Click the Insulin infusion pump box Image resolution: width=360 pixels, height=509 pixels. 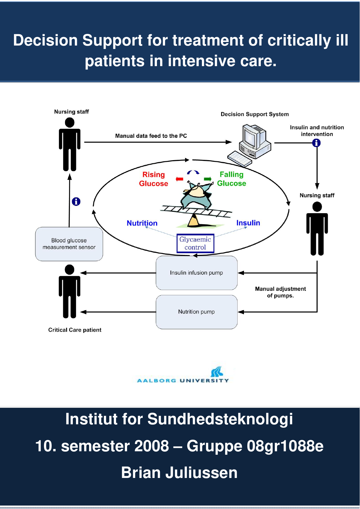[196, 273]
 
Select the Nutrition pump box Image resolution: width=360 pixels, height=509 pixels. [196, 312]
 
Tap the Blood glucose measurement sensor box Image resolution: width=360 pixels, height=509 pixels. [69, 244]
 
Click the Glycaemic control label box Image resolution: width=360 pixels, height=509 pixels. [195, 243]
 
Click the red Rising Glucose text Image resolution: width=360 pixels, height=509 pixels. [153, 179]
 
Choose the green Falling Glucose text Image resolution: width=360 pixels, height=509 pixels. [231, 179]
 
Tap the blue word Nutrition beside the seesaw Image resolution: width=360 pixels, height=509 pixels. [142, 223]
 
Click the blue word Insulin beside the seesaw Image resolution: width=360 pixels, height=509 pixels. [248, 223]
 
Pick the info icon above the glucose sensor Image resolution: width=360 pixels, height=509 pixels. [76, 202]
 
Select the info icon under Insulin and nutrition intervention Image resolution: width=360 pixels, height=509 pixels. [316, 143]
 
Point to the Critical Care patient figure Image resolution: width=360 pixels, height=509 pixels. [70, 291]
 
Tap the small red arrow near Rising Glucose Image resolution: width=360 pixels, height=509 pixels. [180, 179]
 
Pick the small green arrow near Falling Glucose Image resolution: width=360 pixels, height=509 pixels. [208, 179]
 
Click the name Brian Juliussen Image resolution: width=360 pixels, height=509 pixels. [179, 473]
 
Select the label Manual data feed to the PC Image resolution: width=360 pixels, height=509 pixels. [151, 136]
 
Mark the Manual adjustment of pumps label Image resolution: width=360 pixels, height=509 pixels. [280, 292]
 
